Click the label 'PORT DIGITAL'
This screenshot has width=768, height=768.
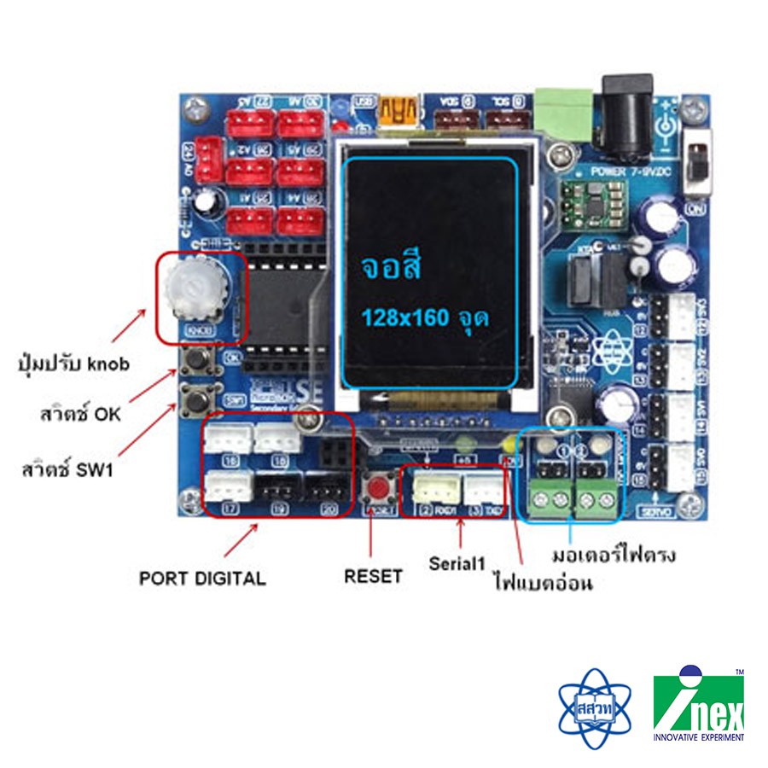(202, 578)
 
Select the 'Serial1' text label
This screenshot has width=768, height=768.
(457, 563)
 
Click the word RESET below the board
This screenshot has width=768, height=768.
(373, 576)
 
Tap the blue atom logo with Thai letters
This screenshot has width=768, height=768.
(594, 707)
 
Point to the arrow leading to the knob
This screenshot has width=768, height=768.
(131, 330)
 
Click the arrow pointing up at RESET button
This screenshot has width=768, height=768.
(371, 538)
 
